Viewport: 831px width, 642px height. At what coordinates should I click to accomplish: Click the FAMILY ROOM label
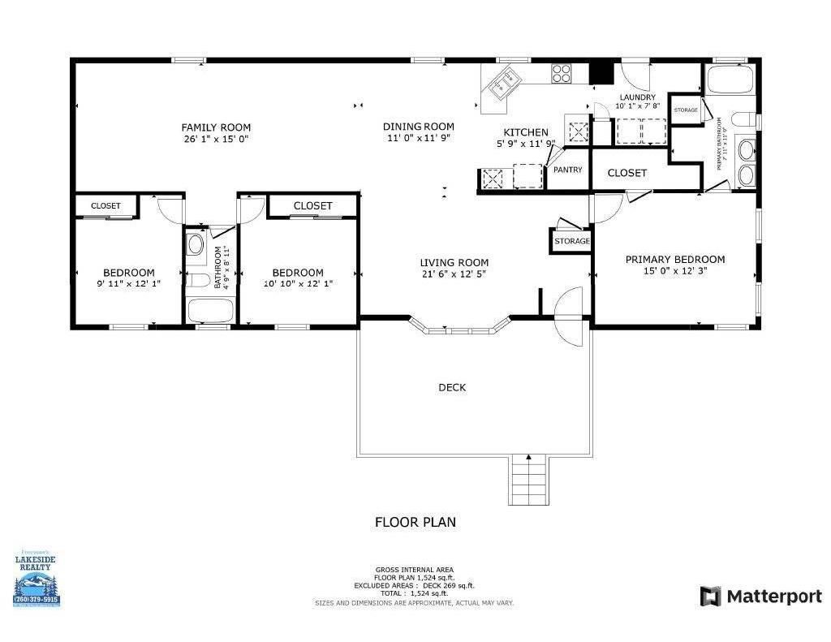tap(216, 127)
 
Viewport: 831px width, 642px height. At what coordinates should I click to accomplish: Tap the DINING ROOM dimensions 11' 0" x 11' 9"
tap(418, 138)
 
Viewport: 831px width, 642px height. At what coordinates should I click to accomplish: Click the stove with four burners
tap(562, 73)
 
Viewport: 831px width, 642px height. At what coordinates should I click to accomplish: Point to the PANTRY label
tap(568, 170)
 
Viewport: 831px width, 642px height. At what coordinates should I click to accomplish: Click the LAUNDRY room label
tap(637, 97)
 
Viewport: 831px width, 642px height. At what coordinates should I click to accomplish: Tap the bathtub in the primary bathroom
tap(730, 81)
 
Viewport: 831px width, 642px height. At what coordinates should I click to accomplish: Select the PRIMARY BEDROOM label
tap(675, 260)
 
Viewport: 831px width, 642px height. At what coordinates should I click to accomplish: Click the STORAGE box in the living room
tap(572, 241)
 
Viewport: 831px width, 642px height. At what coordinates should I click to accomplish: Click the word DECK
tap(452, 388)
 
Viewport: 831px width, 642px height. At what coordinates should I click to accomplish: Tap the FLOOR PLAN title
tap(415, 522)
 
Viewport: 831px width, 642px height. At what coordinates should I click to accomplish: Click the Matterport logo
tap(760, 597)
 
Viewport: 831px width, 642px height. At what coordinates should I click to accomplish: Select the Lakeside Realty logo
tap(37, 578)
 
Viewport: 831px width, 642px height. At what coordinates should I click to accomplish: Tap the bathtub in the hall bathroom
tap(210, 311)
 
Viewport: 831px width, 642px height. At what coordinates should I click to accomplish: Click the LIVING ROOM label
tap(454, 262)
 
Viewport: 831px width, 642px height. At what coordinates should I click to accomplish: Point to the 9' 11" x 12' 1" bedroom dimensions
tap(128, 283)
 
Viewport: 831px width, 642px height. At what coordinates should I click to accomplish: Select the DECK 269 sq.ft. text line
tap(414, 585)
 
